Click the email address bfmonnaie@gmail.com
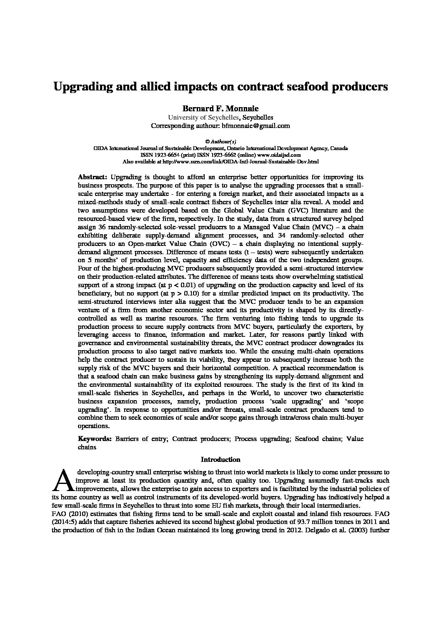point(256,125)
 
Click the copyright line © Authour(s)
point(220,142)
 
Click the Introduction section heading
point(220,459)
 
